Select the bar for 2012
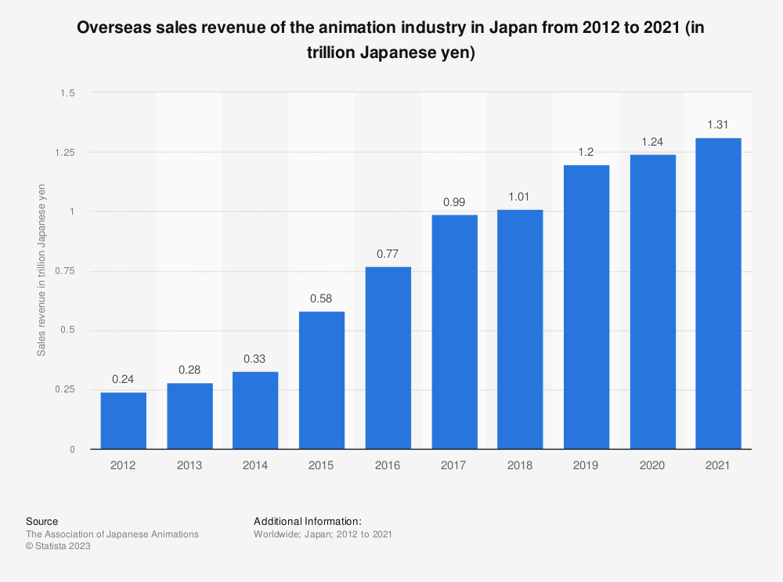pos(123,421)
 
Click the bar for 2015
pos(321,380)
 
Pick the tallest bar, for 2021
pos(718,294)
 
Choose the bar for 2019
pos(586,307)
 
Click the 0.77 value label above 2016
pos(388,254)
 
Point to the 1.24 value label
pos(652,142)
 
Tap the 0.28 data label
pos(189,370)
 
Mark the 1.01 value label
pos(520,197)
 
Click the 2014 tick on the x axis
pos(255,465)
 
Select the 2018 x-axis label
pos(520,465)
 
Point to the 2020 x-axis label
pos(652,465)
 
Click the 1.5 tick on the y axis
pos(67,93)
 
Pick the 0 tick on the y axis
pos(71,450)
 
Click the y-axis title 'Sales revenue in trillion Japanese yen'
pos(41,270)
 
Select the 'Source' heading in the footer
pos(41,521)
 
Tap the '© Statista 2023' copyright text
pos(58,547)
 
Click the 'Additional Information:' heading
pos(307,521)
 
